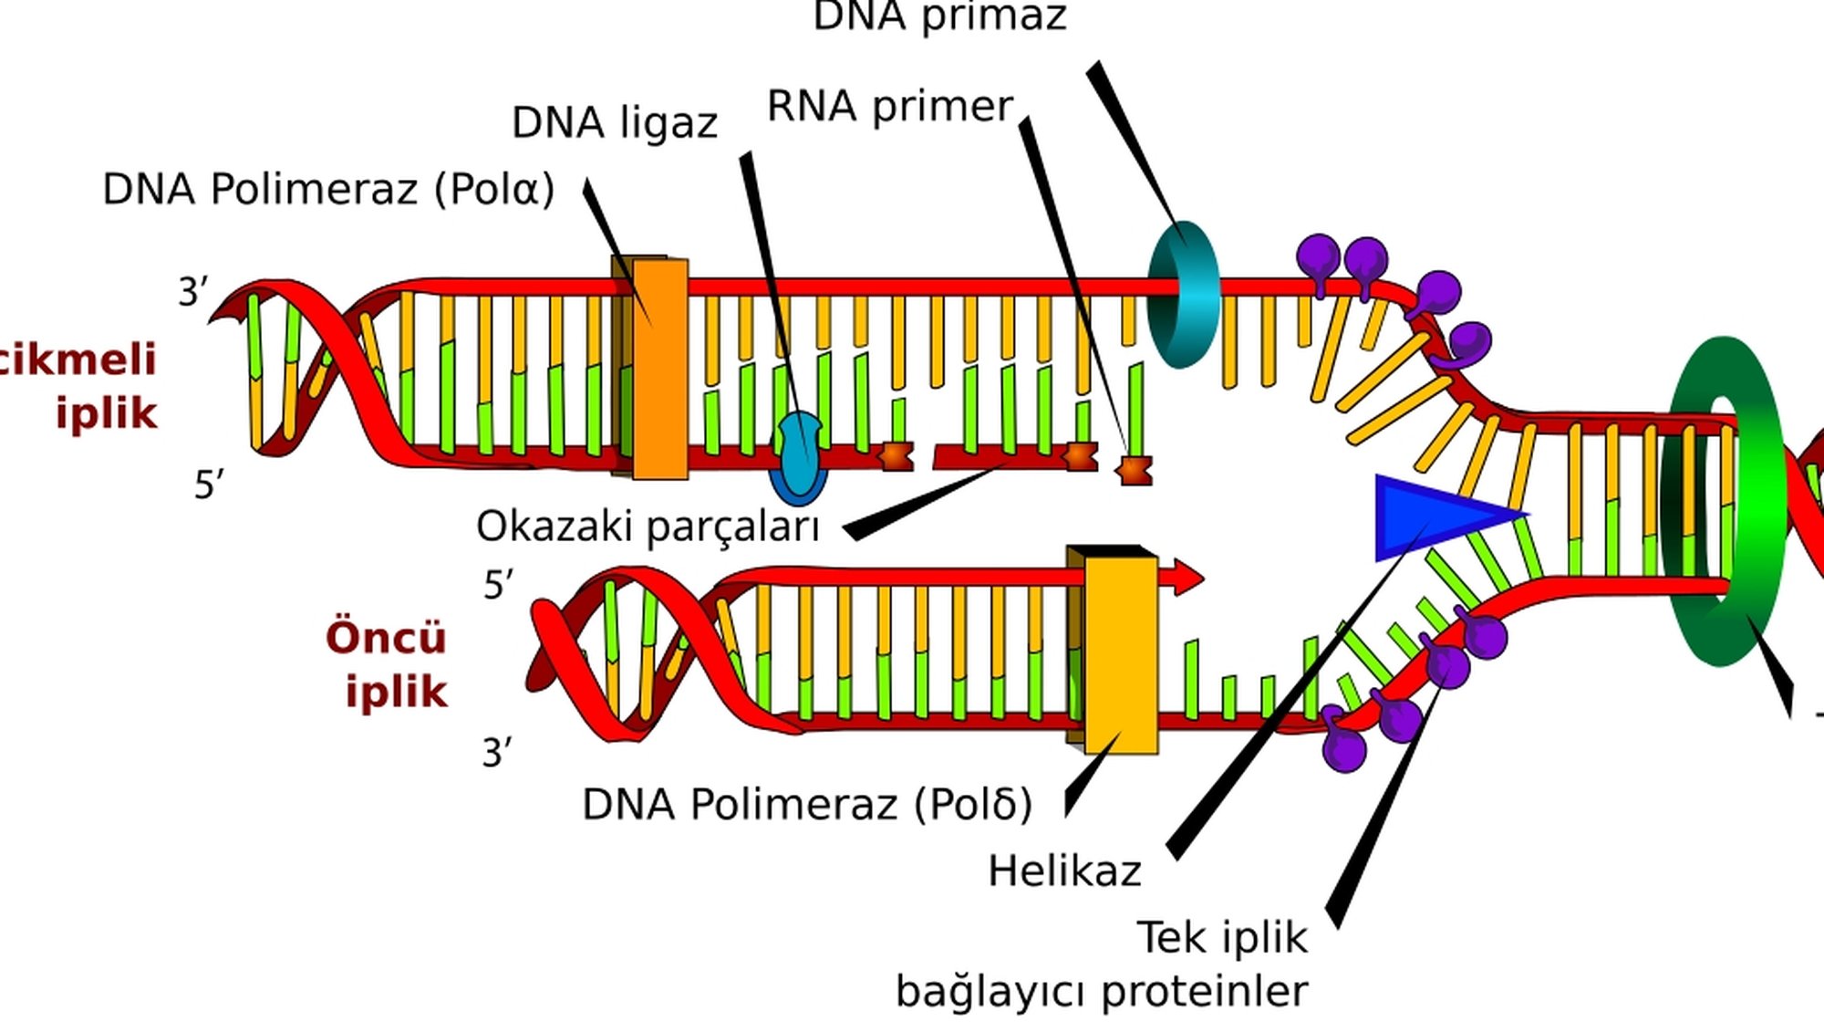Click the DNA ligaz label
614,123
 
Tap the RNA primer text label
889,107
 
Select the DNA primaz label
939,16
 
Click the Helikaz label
1064,871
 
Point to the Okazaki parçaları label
648,526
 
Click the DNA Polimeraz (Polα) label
328,190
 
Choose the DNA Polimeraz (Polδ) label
807,805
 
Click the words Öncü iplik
388,664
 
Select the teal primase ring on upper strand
1184,294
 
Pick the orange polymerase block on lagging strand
659,369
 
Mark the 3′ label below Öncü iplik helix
497,754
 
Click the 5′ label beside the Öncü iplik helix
498,585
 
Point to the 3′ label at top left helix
193,293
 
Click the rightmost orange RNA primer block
1135,471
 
